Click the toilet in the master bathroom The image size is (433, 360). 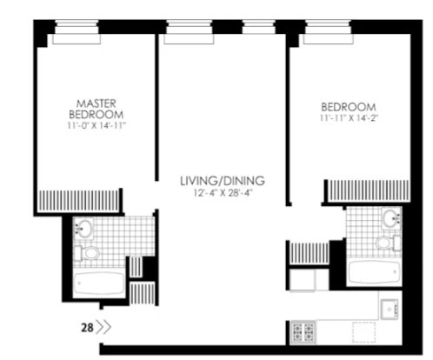(89, 254)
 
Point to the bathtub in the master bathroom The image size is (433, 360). (101, 284)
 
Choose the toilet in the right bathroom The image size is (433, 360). (388, 245)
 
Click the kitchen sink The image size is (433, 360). (388, 306)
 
